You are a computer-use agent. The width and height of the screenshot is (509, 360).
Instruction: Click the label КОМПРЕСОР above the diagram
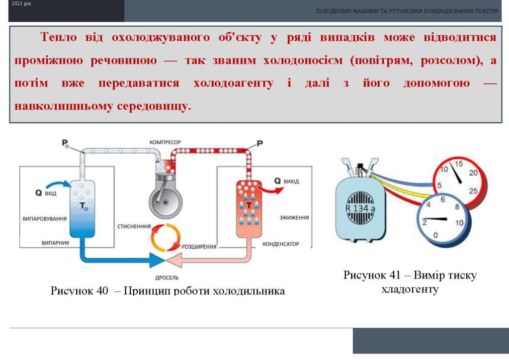165,142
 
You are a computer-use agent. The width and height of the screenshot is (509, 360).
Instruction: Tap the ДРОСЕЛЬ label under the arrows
167,277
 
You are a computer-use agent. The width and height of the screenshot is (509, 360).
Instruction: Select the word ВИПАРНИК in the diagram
55,243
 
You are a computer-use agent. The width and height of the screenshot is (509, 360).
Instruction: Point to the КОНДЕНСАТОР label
280,244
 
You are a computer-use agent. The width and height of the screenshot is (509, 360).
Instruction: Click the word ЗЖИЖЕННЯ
294,217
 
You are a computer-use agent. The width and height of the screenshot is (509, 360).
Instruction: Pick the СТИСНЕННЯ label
134,226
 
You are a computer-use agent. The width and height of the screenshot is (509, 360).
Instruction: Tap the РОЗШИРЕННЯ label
199,247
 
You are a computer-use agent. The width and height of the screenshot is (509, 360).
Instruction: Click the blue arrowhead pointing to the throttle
157,260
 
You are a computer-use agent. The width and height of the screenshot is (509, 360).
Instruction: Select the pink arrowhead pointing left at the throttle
173,260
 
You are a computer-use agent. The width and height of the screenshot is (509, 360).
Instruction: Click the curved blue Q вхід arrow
59,184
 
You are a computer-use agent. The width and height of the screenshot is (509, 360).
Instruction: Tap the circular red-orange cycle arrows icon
165,237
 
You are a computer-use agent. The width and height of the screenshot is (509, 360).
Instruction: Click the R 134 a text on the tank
360,208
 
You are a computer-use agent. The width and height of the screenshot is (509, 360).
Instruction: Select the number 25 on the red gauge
473,191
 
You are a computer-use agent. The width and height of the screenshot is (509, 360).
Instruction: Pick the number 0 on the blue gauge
435,235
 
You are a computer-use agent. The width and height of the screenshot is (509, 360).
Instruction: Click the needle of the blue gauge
434,219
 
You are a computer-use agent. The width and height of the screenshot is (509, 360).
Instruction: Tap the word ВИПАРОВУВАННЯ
44,219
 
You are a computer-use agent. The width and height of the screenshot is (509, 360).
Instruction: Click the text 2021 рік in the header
21,4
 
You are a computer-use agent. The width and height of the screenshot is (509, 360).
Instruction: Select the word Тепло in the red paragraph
59,37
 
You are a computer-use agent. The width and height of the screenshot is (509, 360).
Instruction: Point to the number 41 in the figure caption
394,275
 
